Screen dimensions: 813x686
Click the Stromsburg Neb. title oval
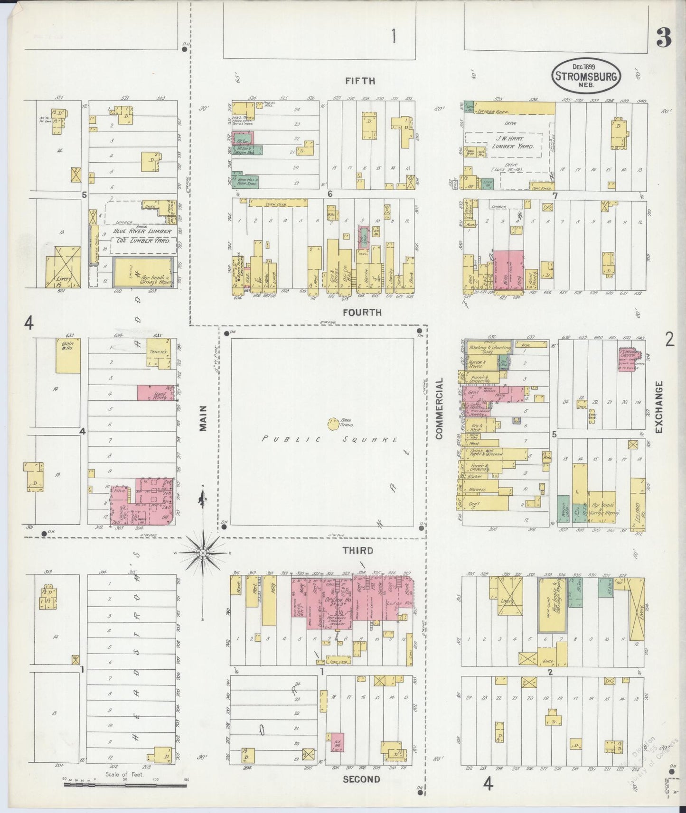(x=587, y=76)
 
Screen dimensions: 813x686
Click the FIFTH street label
(x=360, y=81)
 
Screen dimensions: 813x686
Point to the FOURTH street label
(x=362, y=312)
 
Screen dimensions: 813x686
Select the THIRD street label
(x=357, y=551)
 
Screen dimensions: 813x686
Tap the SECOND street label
(x=361, y=779)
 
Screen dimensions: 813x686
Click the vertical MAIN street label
(x=204, y=418)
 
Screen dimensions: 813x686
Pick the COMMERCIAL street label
(x=439, y=408)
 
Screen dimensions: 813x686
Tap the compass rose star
(x=203, y=553)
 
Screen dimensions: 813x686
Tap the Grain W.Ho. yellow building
(x=68, y=356)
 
